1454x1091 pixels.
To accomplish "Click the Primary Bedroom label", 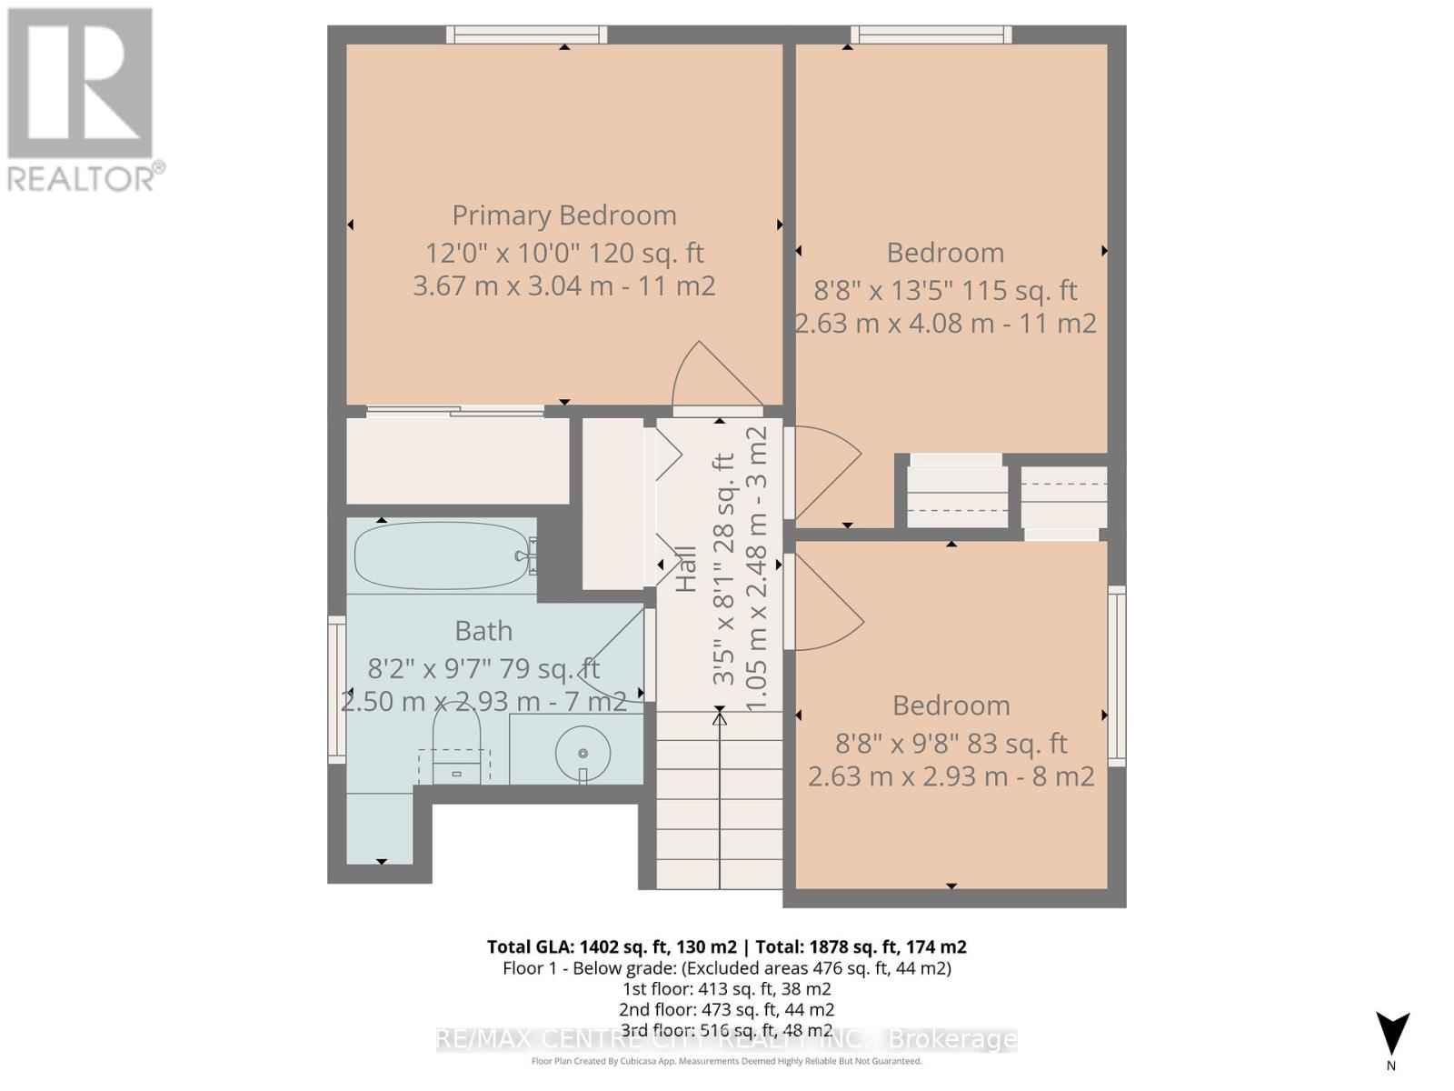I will [x=564, y=215].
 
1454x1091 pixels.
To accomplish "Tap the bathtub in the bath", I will [x=436, y=556].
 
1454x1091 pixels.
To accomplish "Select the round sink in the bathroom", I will [x=583, y=753].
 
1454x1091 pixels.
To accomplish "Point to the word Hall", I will [x=686, y=569].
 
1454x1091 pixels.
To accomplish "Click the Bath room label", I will [x=483, y=630].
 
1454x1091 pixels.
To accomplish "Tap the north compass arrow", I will [x=1391, y=1035].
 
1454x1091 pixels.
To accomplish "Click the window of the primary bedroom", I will [x=527, y=35].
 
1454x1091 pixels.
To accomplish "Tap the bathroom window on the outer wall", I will [x=337, y=689].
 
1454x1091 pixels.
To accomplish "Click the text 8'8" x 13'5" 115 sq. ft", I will [x=945, y=291].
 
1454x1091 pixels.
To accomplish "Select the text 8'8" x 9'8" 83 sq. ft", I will [x=951, y=744].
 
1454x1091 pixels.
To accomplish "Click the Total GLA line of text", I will [x=726, y=946].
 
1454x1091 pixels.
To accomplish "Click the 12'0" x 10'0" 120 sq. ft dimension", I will [x=564, y=253].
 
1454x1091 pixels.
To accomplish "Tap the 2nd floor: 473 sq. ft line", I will [x=726, y=1009].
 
